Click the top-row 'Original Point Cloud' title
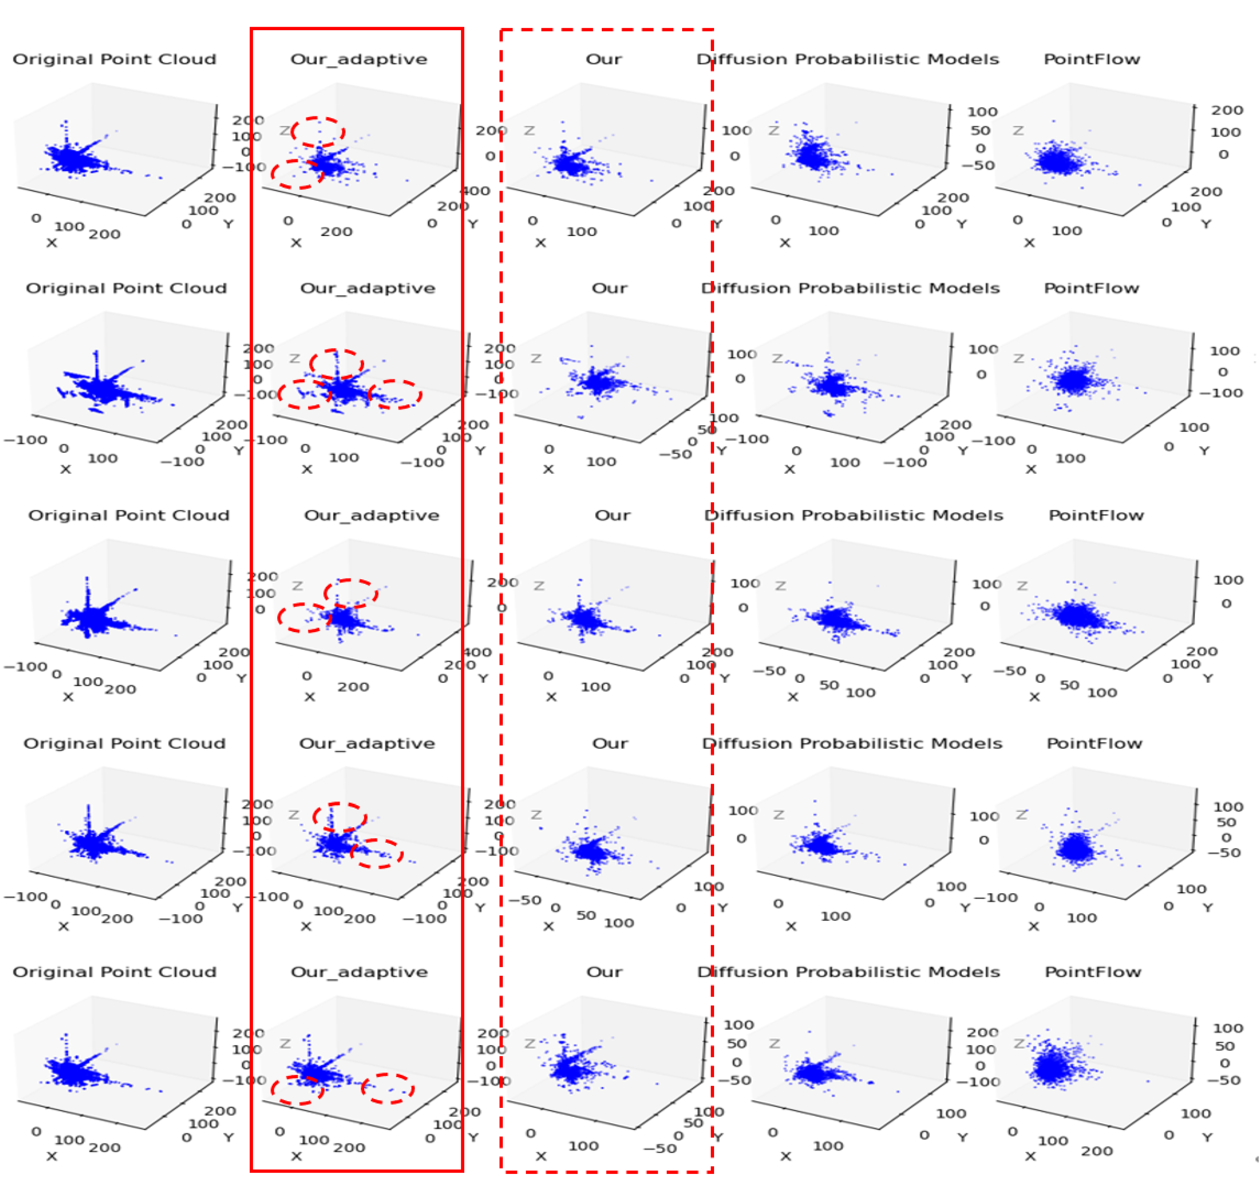114,59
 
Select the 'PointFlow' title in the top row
1091,59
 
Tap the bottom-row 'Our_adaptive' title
359,972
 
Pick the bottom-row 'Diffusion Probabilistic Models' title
848,972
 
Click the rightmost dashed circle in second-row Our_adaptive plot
395,394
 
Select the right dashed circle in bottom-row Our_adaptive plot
387,1088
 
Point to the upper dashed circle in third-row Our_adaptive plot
351,593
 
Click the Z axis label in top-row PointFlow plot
1018,130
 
